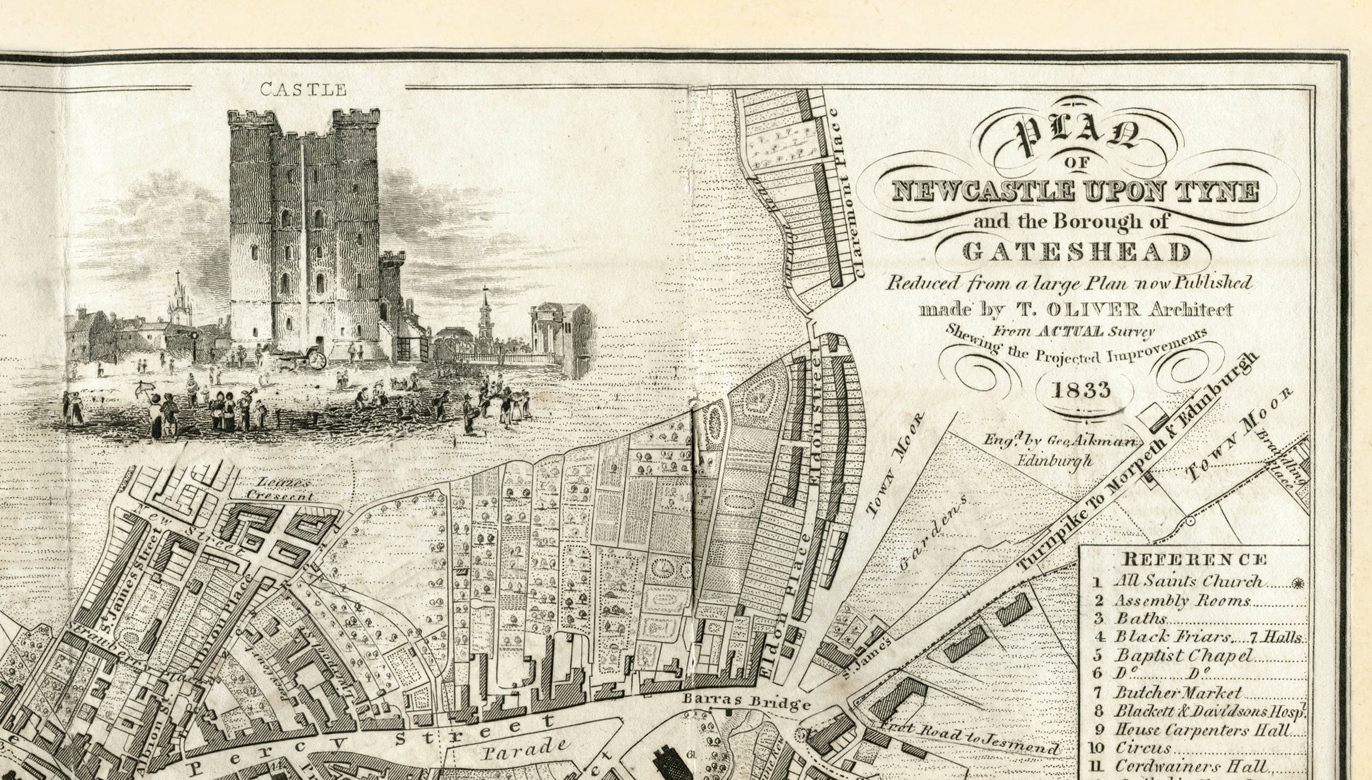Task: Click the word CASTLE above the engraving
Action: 303,89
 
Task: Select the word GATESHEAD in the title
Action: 1076,252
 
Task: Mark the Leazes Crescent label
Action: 281,489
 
